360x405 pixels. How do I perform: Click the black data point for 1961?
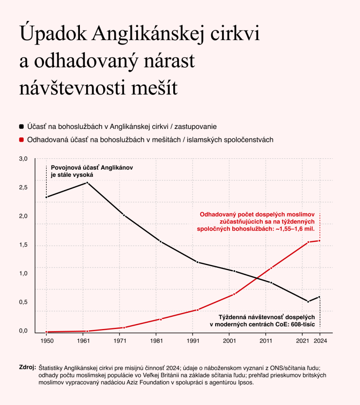point(87,183)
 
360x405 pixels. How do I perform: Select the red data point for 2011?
point(271,268)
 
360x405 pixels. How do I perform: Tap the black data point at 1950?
point(47,197)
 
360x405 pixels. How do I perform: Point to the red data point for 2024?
point(319,241)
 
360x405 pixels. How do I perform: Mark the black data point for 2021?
point(308,301)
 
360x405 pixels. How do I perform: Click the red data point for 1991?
point(198,310)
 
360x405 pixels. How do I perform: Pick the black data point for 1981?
point(161,242)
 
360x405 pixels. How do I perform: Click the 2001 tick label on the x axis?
point(229,341)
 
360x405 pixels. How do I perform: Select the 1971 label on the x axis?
point(120,341)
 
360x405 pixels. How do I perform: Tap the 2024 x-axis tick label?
point(320,341)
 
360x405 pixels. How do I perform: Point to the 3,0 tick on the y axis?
point(23,159)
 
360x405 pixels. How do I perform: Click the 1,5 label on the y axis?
point(23,244)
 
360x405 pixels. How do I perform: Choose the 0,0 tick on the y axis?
point(23,331)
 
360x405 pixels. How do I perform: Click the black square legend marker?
point(21,127)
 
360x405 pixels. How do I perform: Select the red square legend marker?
point(21,140)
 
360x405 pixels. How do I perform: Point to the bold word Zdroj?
point(28,367)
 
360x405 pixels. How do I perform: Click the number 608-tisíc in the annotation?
point(303,324)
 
